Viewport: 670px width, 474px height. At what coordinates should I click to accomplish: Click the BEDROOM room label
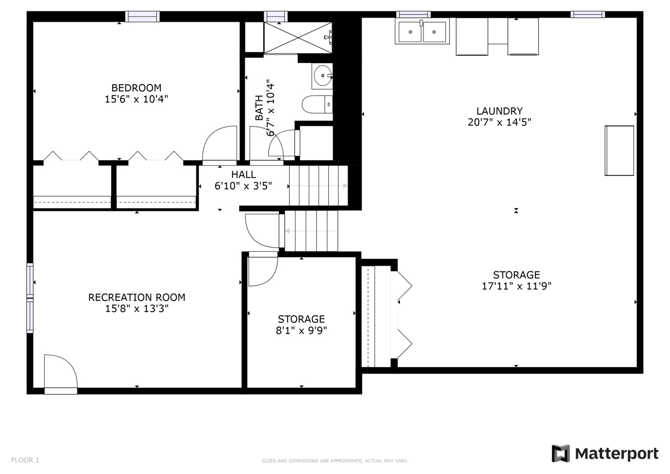point(136,88)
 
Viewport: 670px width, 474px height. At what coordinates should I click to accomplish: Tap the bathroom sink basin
point(322,75)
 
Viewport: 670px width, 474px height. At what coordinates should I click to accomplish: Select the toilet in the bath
point(317,104)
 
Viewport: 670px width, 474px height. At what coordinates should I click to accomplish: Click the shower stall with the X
point(298,38)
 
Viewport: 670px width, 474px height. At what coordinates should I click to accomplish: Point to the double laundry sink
point(422,31)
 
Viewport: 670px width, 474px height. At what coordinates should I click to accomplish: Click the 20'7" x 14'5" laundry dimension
point(499,122)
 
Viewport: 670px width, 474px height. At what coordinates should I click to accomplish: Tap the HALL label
point(244,175)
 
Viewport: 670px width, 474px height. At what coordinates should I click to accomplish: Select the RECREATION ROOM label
point(137,297)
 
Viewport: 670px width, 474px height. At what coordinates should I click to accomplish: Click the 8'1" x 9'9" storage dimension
point(301,330)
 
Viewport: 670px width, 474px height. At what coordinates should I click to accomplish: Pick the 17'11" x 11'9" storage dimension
point(516,286)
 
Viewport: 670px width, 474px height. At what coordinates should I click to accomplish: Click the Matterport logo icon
point(560,454)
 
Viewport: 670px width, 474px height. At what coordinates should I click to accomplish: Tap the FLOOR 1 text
point(25,460)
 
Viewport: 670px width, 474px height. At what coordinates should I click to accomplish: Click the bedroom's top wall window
point(142,17)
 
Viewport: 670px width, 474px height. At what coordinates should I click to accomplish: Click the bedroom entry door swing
point(219,145)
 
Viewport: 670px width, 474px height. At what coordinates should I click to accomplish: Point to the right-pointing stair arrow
point(318,186)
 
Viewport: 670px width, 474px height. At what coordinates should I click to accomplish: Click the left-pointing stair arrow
point(311,231)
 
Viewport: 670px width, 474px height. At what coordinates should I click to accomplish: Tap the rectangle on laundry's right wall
point(619,151)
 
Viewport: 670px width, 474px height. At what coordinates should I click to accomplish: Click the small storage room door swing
point(263,269)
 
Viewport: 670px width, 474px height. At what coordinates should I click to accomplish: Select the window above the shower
point(276,17)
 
